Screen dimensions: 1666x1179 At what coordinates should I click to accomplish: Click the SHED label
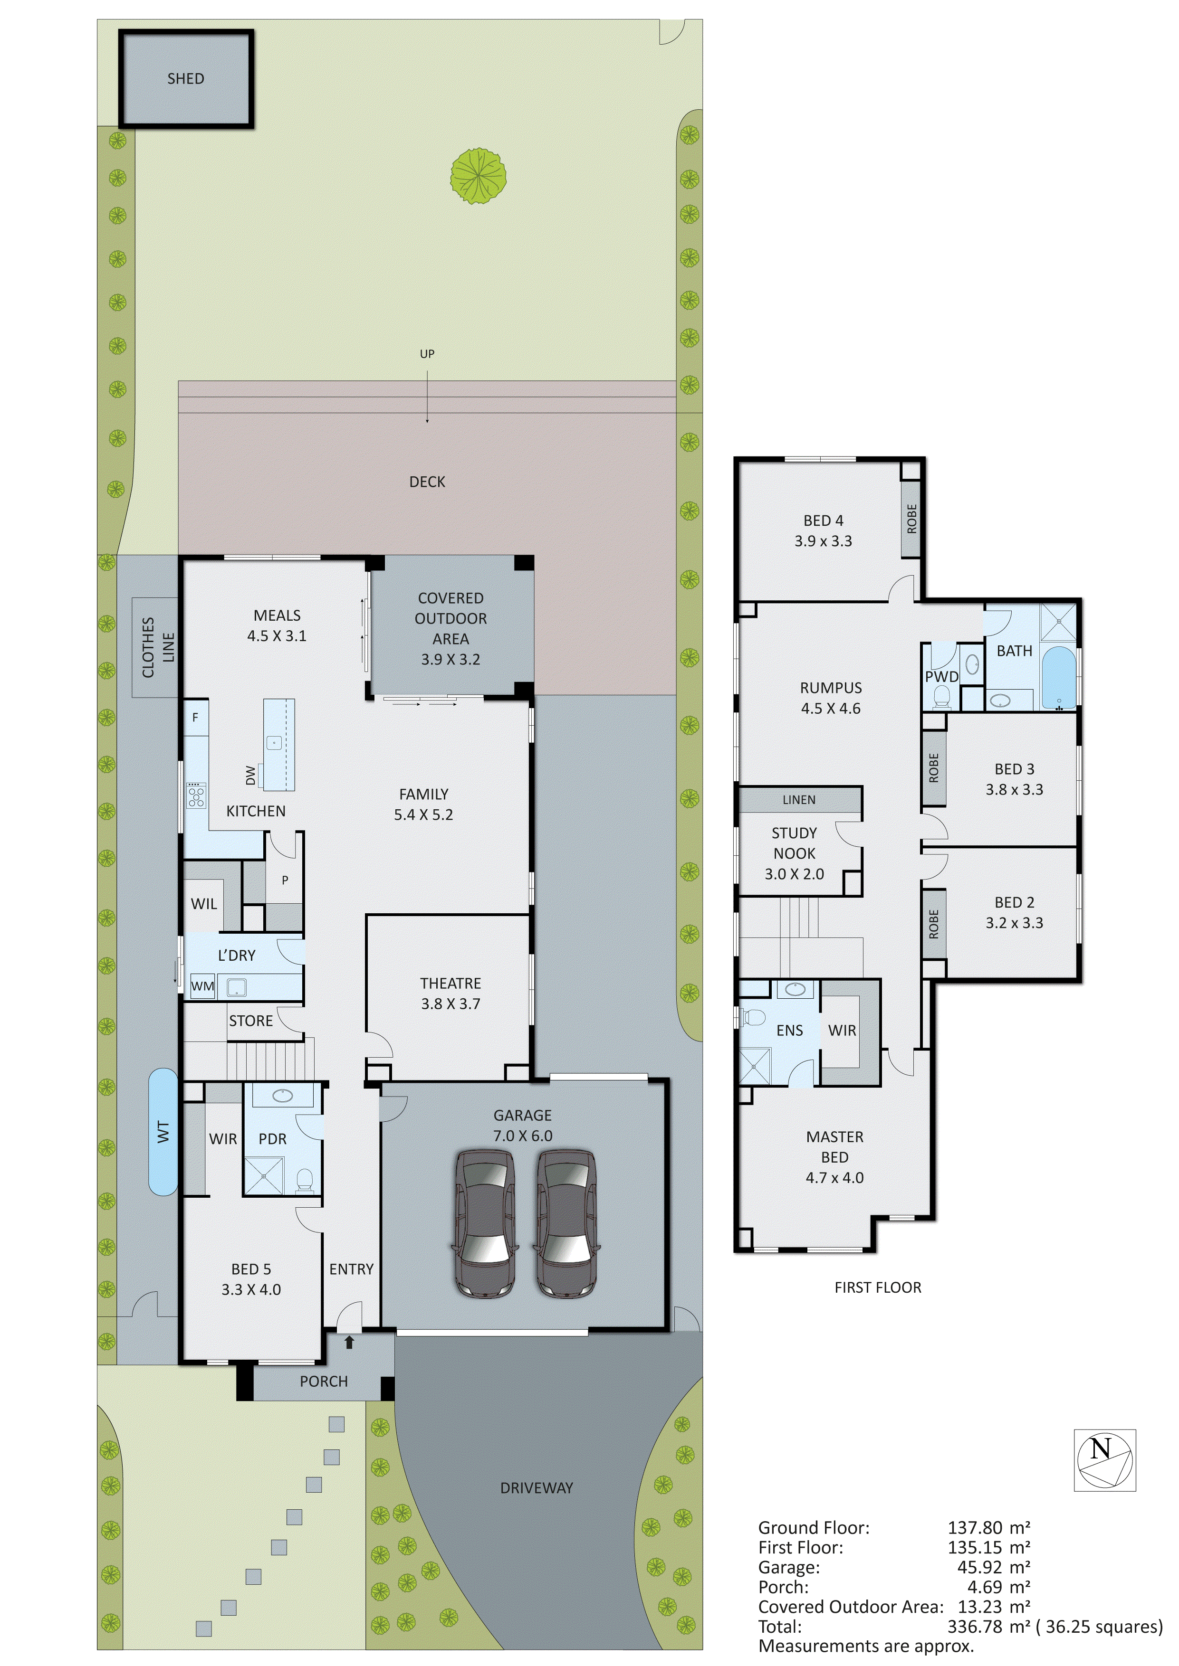pyautogui.click(x=186, y=78)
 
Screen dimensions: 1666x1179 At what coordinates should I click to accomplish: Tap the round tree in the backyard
pyautogui.click(x=478, y=176)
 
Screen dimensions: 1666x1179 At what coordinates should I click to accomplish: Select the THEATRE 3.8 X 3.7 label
pyautogui.click(x=450, y=994)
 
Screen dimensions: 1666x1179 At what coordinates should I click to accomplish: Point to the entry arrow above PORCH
pyautogui.click(x=349, y=1343)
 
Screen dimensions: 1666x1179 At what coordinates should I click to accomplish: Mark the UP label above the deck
pyautogui.click(x=427, y=354)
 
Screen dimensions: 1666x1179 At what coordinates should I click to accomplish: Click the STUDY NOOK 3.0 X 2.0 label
pyautogui.click(x=794, y=853)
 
